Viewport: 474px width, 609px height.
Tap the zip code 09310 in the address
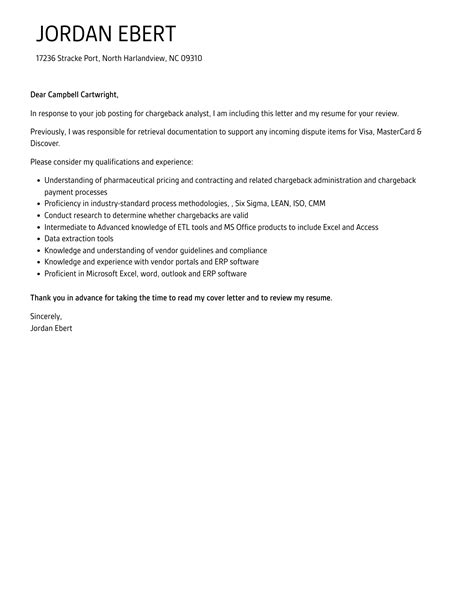189,58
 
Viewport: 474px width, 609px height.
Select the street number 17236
48,58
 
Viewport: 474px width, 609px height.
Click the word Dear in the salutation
40,94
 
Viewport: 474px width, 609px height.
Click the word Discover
46,142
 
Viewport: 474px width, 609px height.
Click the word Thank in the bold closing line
42,298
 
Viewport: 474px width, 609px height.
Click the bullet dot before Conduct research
37,214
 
